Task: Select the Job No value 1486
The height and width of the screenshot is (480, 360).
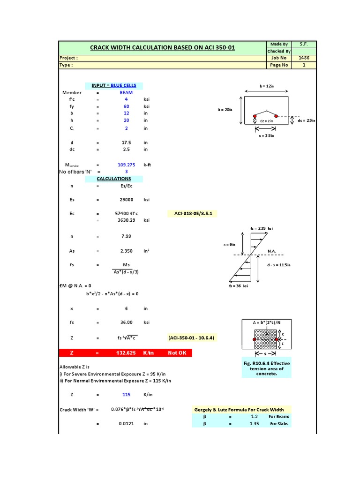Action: coord(303,58)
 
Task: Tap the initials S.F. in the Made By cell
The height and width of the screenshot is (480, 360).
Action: coord(303,44)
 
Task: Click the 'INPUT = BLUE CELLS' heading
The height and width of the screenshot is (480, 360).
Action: coord(114,85)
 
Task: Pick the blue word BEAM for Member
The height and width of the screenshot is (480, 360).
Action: coord(126,92)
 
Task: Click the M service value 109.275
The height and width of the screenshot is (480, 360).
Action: coord(126,165)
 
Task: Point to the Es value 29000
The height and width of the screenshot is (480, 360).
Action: coord(127,200)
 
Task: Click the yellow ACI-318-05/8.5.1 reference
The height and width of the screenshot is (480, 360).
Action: coord(192,213)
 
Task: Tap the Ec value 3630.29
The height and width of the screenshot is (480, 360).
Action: coord(126,220)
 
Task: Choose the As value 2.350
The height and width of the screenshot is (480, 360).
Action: coord(127,251)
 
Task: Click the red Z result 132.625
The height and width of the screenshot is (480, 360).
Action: coord(127,353)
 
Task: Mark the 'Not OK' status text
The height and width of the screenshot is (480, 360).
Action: coord(177,353)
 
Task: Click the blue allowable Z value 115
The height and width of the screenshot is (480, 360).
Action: coord(127,395)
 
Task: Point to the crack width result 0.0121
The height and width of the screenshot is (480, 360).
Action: coord(127,423)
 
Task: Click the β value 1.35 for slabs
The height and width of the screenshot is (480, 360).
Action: coord(255,423)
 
